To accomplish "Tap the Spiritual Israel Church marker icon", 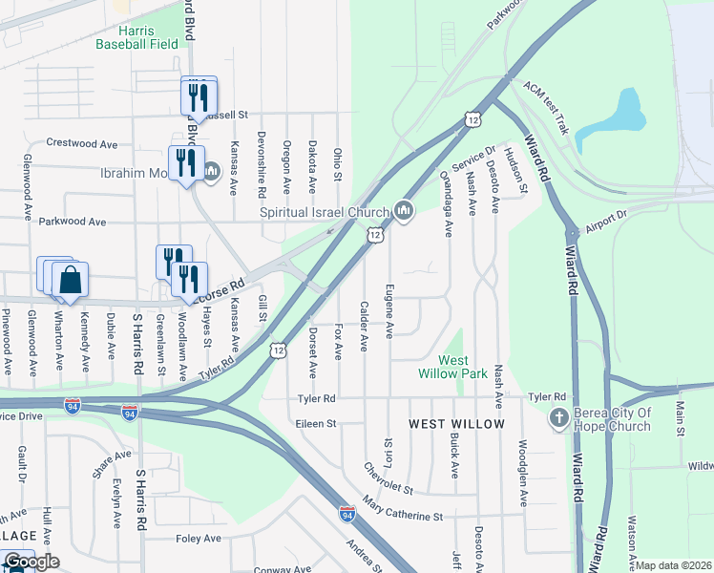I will click(x=404, y=210).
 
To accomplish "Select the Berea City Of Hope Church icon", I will click(x=559, y=418).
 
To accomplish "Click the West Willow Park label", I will click(x=440, y=367).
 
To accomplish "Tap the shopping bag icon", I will click(x=71, y=280).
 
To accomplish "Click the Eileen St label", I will click(x=317, y=422).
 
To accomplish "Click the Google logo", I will click(x=31, y=562).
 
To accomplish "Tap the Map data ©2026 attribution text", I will click(x=674, y=565).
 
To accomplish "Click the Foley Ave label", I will click(x=199, y=539).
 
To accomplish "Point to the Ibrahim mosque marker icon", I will click(x=212, y=173).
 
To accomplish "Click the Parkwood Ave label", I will click(x=73, y=222).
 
